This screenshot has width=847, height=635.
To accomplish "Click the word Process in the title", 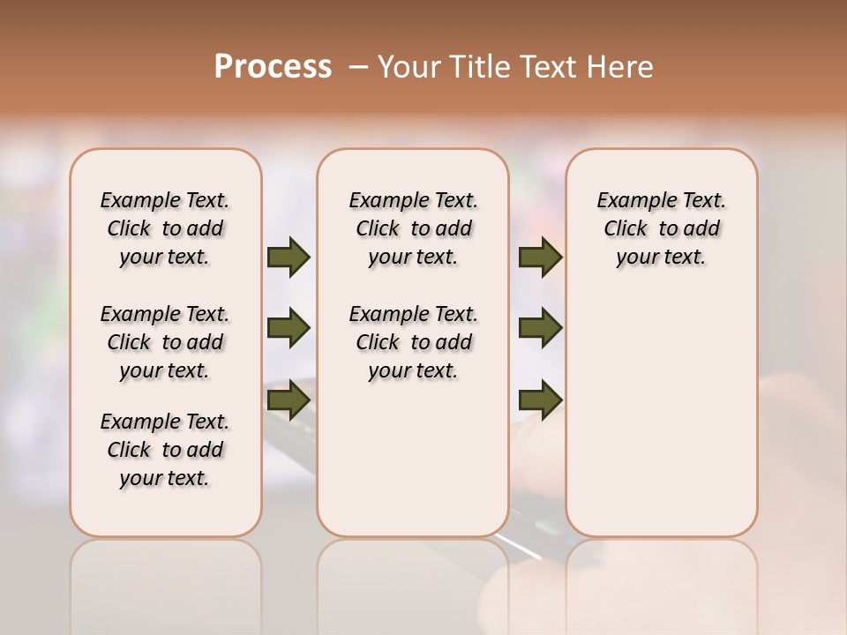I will tap(273, 66).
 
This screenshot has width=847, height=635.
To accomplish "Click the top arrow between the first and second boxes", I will tap(289, 257).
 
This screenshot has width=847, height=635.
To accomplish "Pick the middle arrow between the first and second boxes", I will tap(289, 328).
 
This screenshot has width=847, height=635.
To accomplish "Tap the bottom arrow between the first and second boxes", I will tap(289, 400).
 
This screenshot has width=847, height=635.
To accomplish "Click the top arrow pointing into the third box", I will tap(540, 257).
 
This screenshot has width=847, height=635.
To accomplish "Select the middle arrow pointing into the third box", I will tap(540, 328).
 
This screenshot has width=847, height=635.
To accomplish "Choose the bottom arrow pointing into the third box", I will tap(540, 400).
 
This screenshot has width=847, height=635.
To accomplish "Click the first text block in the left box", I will tap(165, 228).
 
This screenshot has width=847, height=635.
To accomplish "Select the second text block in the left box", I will tap(165, 342).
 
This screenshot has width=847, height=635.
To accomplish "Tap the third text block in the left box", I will tap(165, 450).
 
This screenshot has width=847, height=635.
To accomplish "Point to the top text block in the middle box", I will tap(413, 228).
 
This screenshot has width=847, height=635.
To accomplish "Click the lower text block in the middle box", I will tap(413, 342).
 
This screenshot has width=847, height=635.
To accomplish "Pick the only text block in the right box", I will tap(661, 228).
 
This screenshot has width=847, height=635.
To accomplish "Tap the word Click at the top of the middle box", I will tap(378, 229).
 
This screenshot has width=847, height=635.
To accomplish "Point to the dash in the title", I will tap(358, 67).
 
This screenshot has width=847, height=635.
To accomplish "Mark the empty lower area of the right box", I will tap(661, 415).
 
